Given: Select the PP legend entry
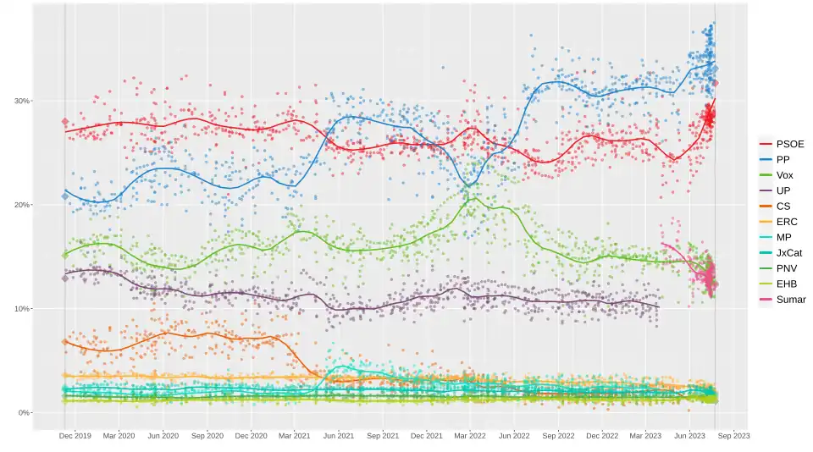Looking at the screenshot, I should click(x=784, y=159).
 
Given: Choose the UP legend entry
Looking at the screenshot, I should click(x=784, y=190).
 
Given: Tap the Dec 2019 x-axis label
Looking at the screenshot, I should click(x=75, y=436).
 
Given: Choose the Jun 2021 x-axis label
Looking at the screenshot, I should click(x=339, y=436).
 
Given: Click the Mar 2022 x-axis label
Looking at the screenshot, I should click(x=471, y=436).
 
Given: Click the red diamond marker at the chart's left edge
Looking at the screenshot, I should click(x=65, y=122).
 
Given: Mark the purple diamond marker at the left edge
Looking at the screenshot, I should click(x=65, y=278).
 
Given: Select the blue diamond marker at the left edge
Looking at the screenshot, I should click(x=65, y=196).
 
